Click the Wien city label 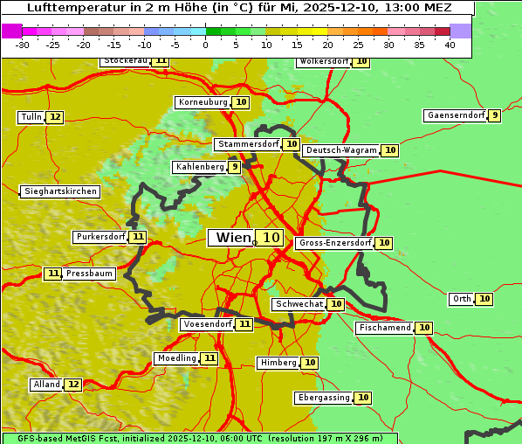[x=232, y=238]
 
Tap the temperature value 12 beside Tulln [x=55, y=117]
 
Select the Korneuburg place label [x=203, y=102]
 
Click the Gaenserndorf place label [x=455, y=115]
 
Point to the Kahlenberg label [x=200, y=167]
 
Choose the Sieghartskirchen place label [x=60, y=191]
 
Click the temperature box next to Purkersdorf [x=138, y=237]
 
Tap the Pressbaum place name [x=90, y=274]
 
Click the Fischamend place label [x=384, y=328]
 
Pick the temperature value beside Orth [x=484, y=299]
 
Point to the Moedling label [x=177, y=358]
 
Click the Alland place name [x=46, y=385]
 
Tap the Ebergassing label [x=324, y=398]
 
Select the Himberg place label [x=278, y=363]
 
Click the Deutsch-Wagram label [x=342, y=150]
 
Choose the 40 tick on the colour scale [x=450, y=45]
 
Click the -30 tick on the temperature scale [x=23, y=45]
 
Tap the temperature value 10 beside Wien [x=271, y=238]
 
